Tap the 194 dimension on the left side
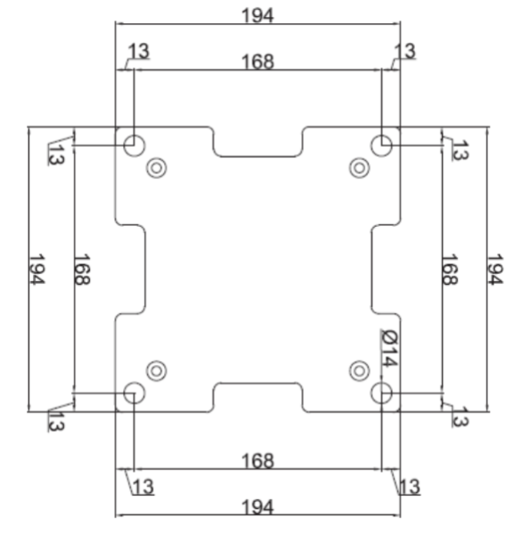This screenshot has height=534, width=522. [x=37, y=270]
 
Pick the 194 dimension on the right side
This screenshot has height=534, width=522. [x=494, y=270]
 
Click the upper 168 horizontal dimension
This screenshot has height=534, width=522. [x=257, y=61]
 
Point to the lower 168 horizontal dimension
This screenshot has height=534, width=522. [x=257, y=461]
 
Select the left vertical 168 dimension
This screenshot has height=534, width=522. [x=81, y=270]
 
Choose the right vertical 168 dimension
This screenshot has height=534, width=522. [x=450, y=270]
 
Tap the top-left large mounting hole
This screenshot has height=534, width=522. [x=135, y=144]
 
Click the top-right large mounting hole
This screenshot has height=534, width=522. [x=382, y=144]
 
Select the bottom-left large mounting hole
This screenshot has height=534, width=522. [x=135, y=392]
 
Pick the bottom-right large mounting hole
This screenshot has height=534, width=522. [x=382, y=392]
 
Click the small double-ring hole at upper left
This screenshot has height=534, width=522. [x=158, y=166]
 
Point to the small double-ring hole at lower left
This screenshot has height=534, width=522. [x=158, y=369]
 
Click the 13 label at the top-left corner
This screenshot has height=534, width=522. [x=139, y=52]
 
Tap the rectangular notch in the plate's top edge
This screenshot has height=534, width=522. [x=258, y=142]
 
